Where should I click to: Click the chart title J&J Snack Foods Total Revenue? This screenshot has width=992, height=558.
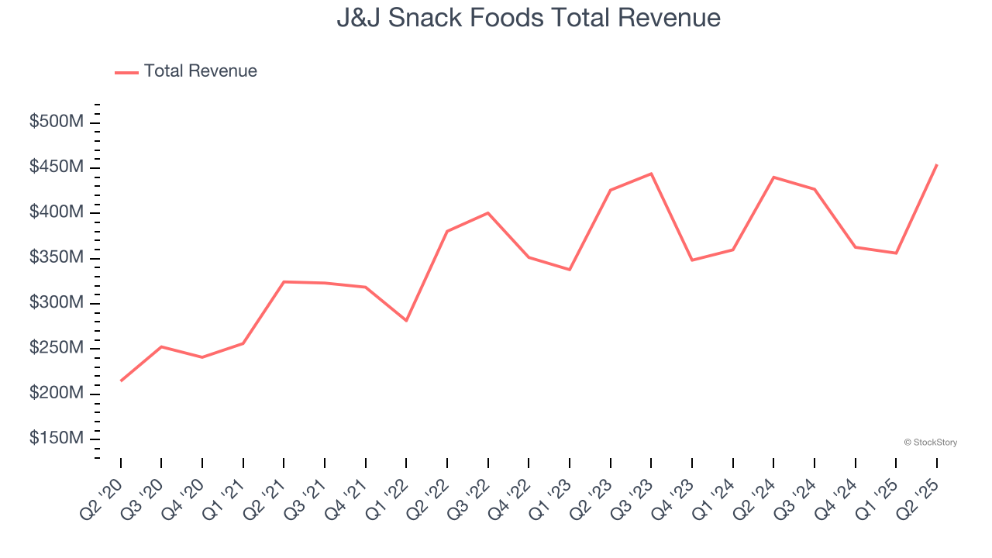click(528, 18)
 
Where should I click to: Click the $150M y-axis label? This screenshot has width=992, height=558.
click(56, 439)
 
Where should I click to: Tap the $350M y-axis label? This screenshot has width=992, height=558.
click(56, 257)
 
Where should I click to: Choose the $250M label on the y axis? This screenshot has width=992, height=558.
click(56, 348)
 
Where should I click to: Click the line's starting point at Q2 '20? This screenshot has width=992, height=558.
click(121, 381)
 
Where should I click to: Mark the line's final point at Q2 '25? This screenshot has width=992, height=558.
click(937, 164)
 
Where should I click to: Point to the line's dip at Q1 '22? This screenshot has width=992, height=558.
click(406, 320)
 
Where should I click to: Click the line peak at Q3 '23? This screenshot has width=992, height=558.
click(651, 174)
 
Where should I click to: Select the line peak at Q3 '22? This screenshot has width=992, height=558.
click(488, 212)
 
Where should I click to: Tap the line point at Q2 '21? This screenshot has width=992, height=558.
click(284, 281)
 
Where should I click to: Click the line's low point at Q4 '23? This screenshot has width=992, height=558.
click(692, 260)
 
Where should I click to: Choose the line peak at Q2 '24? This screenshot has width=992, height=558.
click(773, 177)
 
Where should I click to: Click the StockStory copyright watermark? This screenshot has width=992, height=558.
click(930, 443)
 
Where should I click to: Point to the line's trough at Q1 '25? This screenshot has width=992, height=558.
click(896, 253)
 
